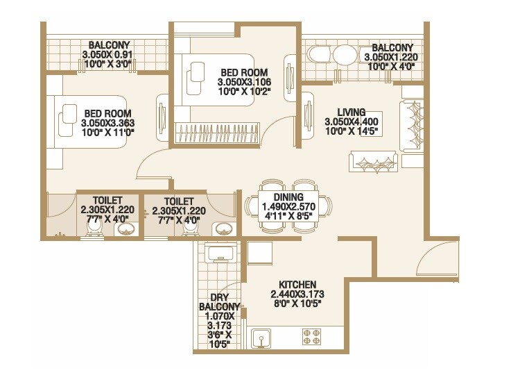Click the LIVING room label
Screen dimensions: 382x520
click(347, 112)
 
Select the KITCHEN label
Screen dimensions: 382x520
click(297, 285)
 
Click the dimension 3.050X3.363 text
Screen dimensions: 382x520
click(107, 123)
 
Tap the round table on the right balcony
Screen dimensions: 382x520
click(344, 56)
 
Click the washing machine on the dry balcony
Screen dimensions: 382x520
click(221, 253)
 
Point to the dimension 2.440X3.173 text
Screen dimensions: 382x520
click(297, 294)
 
